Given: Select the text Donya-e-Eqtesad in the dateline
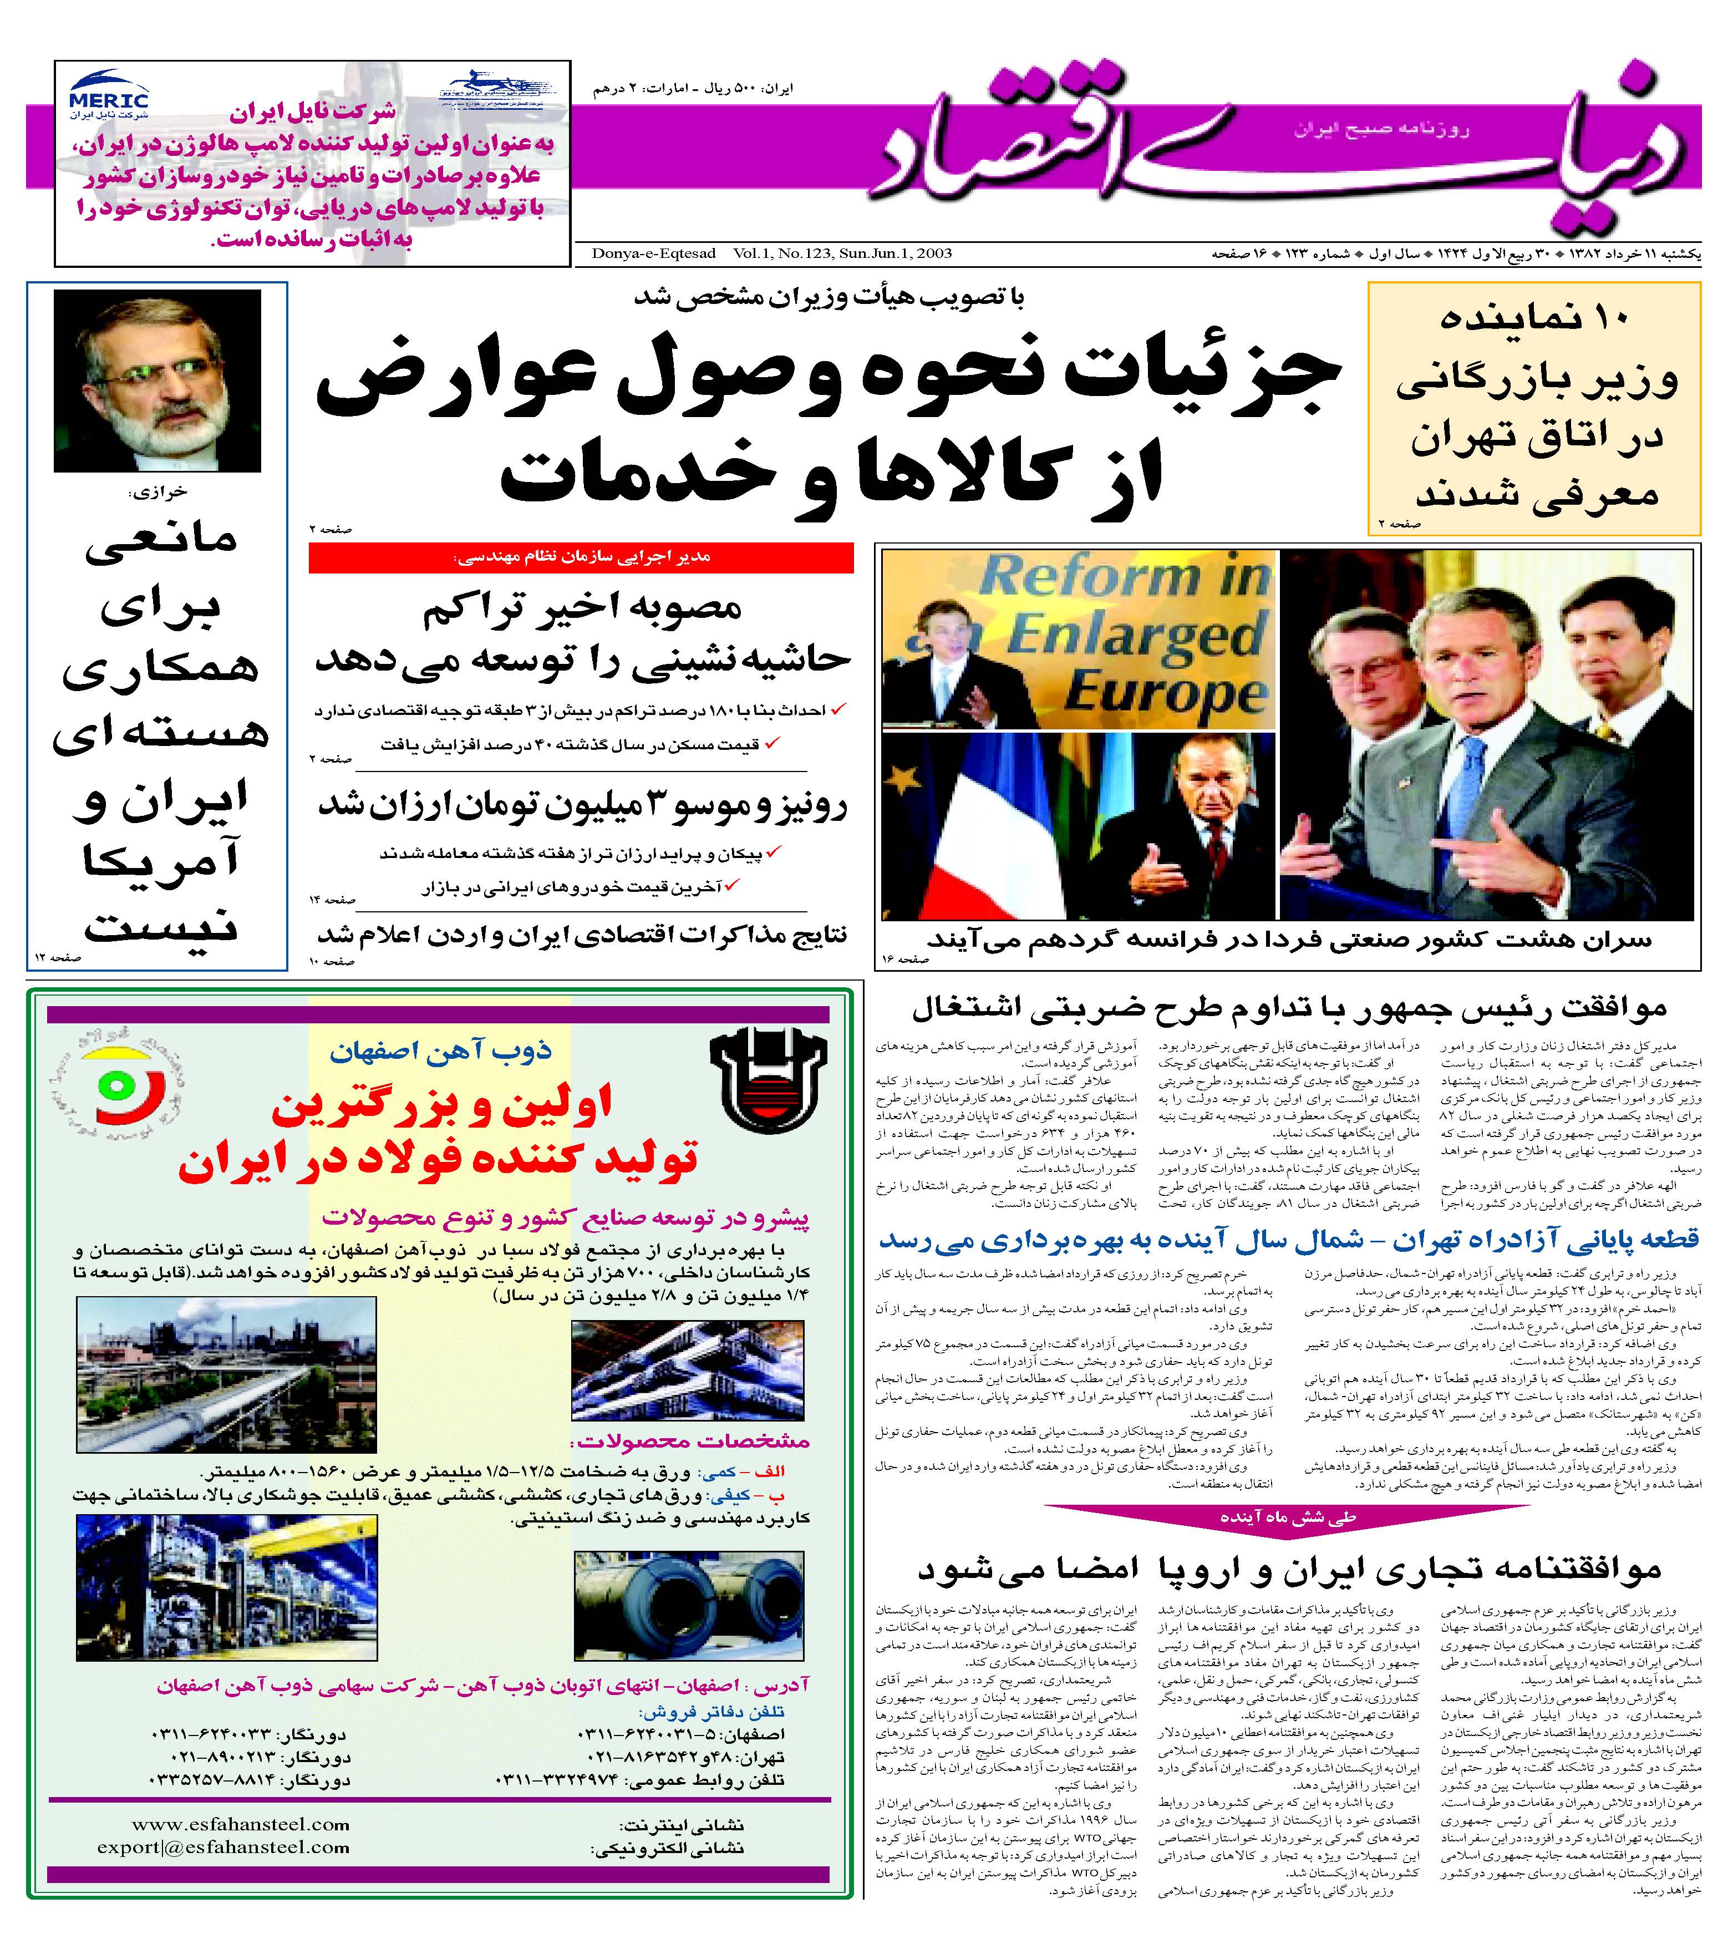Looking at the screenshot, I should (x=654, y=253).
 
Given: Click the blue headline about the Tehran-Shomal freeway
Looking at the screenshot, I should (x=1288, y=1239).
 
